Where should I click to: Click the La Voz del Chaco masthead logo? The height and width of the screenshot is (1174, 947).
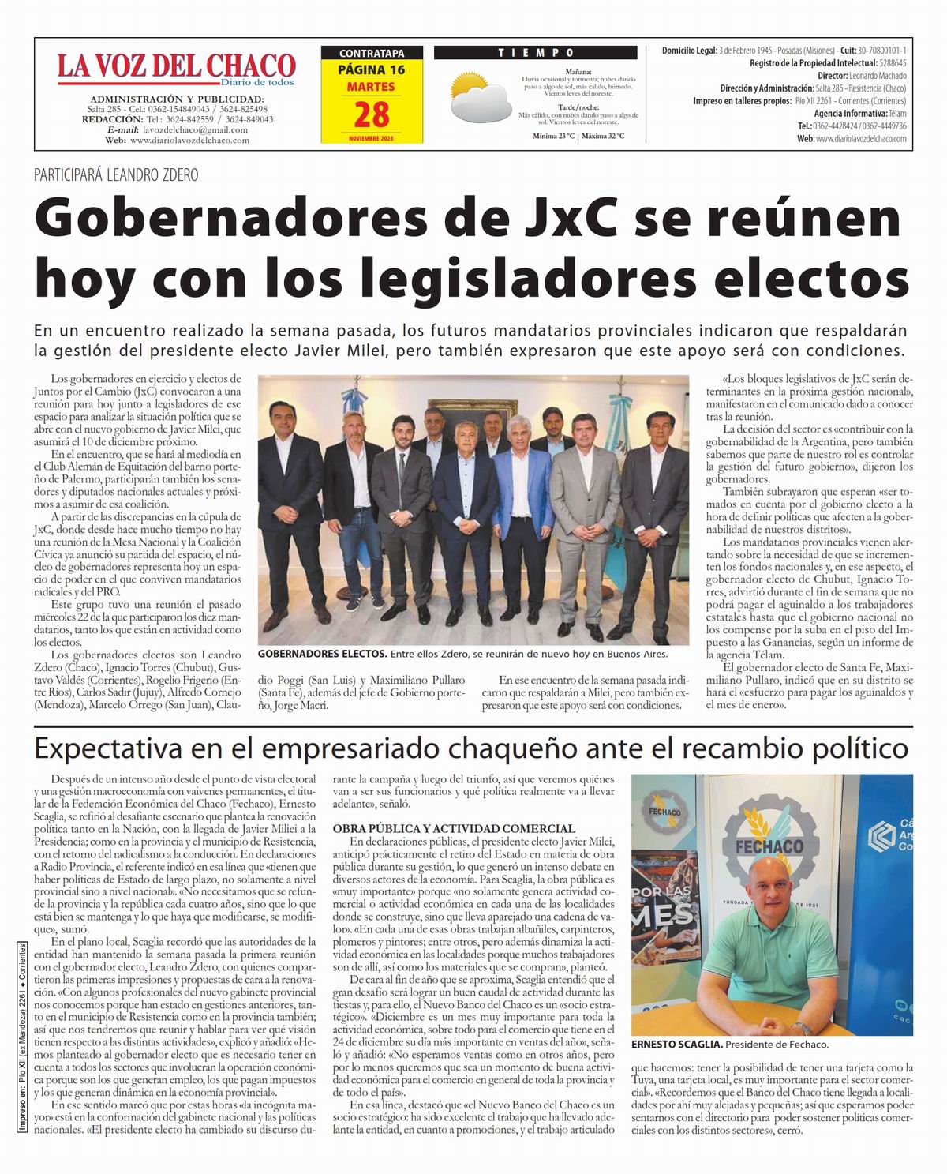tap(176, 67)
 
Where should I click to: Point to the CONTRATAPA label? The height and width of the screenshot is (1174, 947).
tap(371, 54)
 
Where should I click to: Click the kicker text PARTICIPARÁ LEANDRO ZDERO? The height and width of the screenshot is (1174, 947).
tap(116, 175)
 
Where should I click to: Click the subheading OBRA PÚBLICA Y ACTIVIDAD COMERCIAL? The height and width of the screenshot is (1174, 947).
tap(454, 828)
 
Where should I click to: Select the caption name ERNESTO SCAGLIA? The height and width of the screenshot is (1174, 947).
tap(676, 1045)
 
